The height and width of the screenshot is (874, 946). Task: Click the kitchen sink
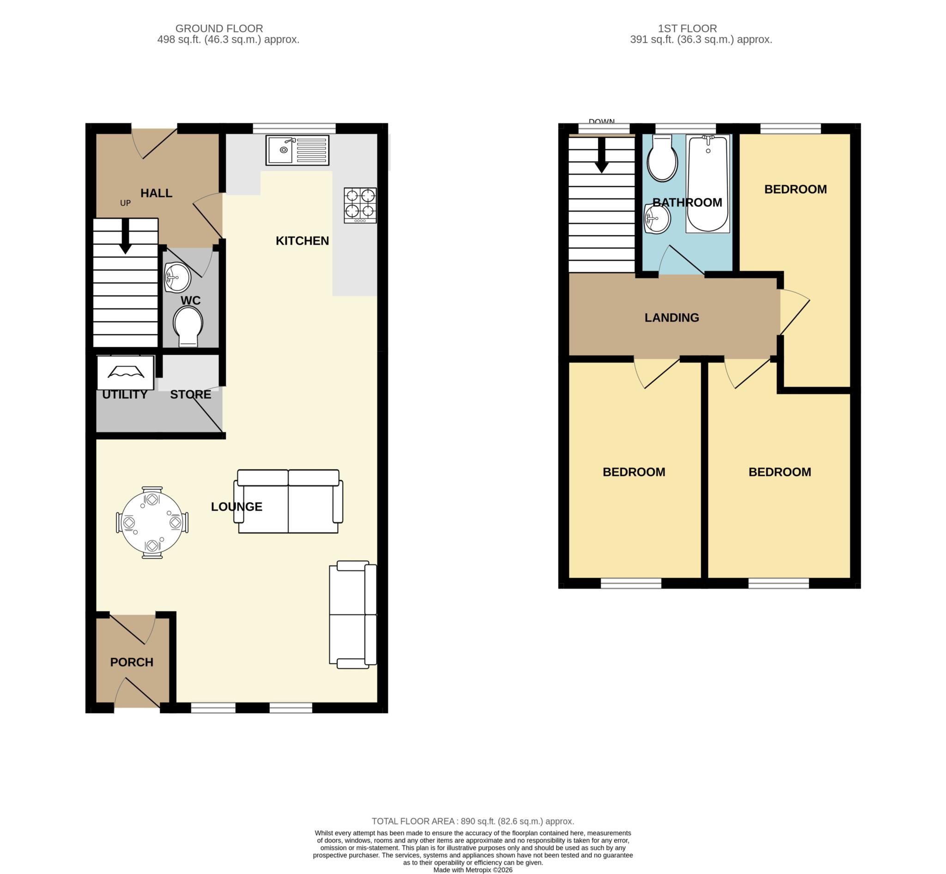click(x=297, y=151)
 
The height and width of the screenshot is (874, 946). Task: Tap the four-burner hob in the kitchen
click(x=360, y=205)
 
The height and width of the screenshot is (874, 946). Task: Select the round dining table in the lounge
click(x=152, y=522)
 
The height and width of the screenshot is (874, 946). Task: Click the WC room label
click(x=191, y=300)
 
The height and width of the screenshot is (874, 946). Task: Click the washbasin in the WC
click(x=177, y=277)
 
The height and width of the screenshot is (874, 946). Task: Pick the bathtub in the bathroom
click(x=708, y=184)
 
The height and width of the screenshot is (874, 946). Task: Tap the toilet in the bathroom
click(x=662, y=158)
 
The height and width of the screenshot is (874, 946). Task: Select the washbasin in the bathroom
click(x=657, y=218)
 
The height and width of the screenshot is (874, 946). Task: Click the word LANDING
click(x=672, y=317)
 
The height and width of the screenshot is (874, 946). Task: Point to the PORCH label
click(x=132, y=662)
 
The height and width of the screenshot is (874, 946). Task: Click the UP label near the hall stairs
click(x=125, y=203)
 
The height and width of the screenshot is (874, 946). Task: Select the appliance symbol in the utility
click(x=125, y=373)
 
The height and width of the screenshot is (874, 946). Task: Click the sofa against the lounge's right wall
click(x=353, y=614)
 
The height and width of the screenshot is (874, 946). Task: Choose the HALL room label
click(x=156, y=193)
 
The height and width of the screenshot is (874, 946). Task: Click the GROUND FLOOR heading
click(x=219, y=28)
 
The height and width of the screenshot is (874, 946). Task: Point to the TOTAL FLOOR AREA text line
click(x=473, y=821)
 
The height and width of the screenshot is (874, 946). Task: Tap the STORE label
click(x=191, y=395)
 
